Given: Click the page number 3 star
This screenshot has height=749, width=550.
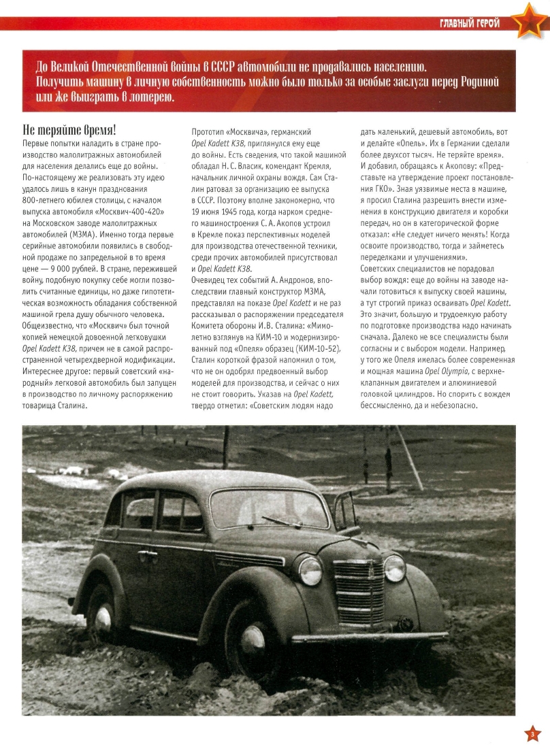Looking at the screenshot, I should pos(532,733).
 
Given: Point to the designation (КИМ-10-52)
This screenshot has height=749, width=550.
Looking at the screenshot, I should pos(316,350).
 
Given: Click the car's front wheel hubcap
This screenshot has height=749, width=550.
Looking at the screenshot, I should pos(253,639).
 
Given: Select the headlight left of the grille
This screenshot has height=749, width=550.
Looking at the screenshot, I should pos(310,570).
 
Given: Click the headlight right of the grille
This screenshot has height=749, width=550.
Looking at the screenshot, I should pos(394,567).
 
